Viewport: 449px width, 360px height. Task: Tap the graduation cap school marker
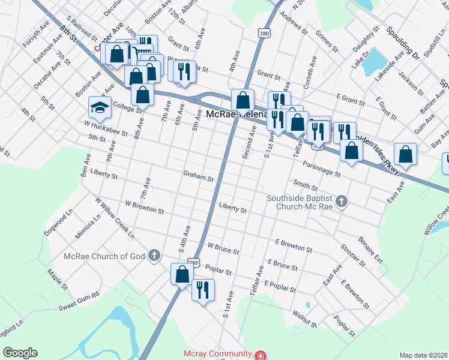pos(100,107)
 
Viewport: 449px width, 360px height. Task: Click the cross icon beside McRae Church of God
pos(154,256)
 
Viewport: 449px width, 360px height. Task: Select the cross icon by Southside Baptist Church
pos(342,202)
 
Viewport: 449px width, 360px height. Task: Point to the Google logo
pos(20,353)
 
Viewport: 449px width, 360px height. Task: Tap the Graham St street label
pos(199,178)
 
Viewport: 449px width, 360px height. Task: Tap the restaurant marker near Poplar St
pos(203,290)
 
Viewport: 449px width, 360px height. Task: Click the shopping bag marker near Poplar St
pos(182,274)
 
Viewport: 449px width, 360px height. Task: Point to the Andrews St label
pos(294,25)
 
